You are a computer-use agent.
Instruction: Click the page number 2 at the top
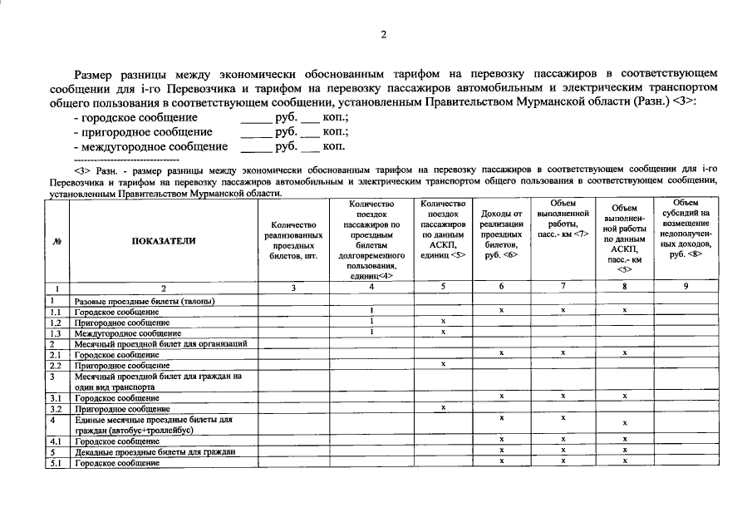(x=384, y=34)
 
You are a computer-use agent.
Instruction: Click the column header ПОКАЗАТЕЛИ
(x=164, y=240)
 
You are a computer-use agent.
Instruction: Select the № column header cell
(x=58, y=240)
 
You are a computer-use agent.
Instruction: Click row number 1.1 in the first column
(x=57, y=311)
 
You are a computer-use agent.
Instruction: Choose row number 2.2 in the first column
(x=57, y=365)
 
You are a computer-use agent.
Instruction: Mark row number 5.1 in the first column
(x=57, y=463)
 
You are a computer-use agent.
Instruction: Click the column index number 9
(x=686, y=287)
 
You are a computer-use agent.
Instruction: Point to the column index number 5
(x=443, y=287)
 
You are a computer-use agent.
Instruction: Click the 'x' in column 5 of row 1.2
(x=443, y=322)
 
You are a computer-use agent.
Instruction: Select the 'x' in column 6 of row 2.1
(x=501, y=354)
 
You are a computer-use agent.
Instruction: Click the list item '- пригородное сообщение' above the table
(x=143, y=131)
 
